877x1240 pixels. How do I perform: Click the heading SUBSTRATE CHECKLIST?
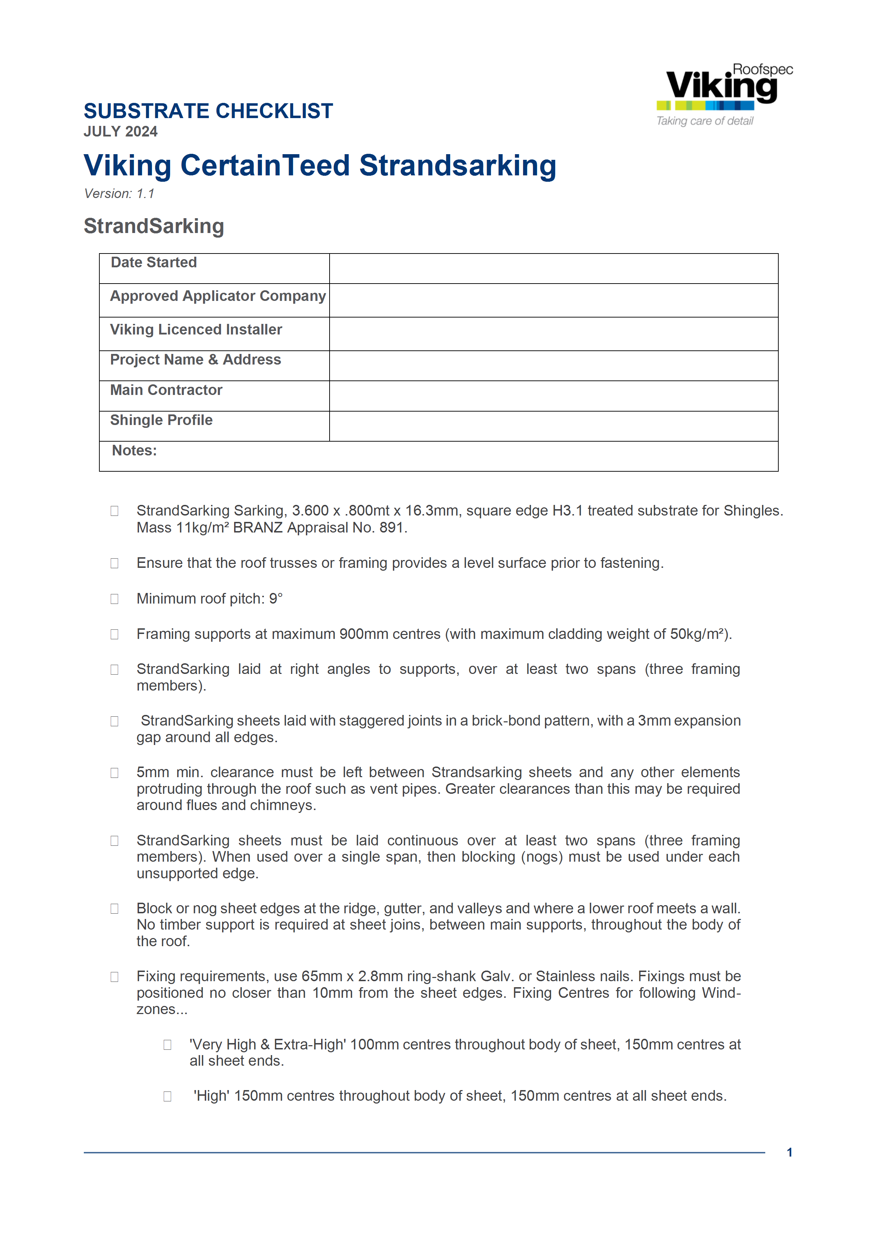(208, 111)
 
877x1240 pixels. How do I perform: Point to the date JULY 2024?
(121, 132)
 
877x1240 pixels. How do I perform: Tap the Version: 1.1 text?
(119, 194)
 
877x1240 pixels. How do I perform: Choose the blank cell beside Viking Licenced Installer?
(553, 334)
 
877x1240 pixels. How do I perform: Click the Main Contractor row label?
(166, 390)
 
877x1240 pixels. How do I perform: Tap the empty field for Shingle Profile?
(553, 426)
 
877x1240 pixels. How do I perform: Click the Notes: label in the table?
(134, 451)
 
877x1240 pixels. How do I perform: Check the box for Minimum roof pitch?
(115, 599)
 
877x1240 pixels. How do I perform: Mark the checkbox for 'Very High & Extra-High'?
(167, 1045)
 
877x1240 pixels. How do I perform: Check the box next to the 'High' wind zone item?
(167, 1096)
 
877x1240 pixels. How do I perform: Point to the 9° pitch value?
(276, 599)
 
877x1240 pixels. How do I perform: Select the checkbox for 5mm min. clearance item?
(115, 773)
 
